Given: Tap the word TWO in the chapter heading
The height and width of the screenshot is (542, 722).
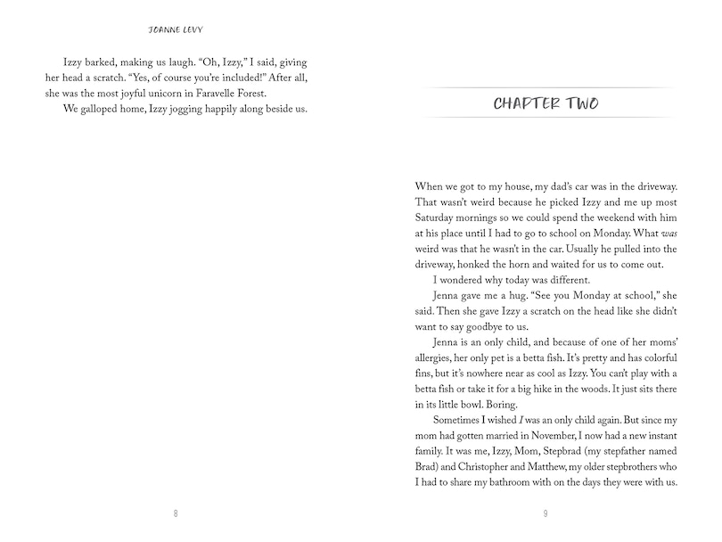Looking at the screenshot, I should coord(580,103).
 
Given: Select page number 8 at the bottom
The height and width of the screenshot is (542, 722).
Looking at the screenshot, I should coord(176,513).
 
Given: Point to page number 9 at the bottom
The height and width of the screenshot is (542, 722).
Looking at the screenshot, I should coord(546,513).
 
